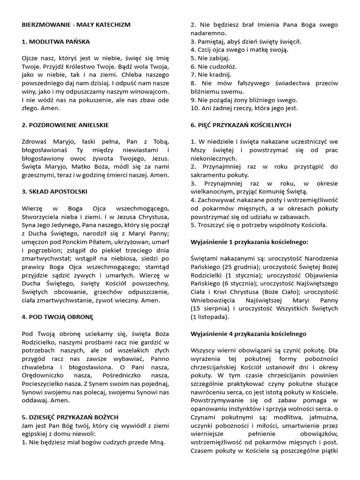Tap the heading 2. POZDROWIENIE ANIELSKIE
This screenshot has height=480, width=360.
click(x=65, y=125)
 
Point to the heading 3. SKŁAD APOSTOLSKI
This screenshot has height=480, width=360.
click(x=54, y=192)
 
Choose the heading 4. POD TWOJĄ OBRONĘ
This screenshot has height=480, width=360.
click(x=58, y=317)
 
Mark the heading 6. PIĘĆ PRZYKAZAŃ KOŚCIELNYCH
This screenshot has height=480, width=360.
click(x=241, y=125)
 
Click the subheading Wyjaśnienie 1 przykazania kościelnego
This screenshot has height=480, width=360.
click(x=249, y=241)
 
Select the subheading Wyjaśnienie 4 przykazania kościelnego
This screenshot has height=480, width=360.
click(x=248, y=333)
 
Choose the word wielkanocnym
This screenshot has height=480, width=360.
click(x=212, y=191)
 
